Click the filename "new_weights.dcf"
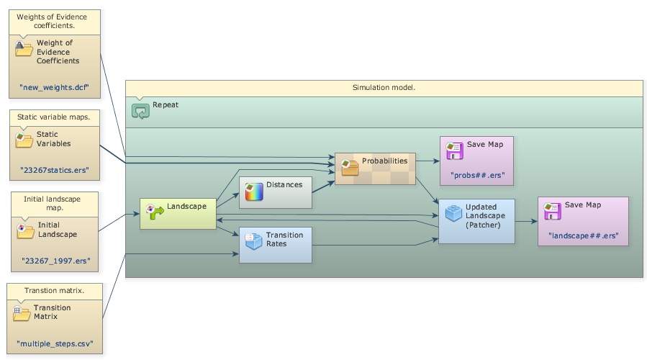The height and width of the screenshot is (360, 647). pyautogui.click(x=54, y=87)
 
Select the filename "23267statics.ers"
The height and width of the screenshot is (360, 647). pyautogui.click(x=54, y=171)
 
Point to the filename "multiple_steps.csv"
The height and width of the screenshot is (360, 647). pyautogui.click(x=54, y=343)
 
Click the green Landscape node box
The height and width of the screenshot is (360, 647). pyautogui.click(x=178, y=214)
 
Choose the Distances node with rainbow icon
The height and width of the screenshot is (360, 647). pyautogui.click(x=275, y=192)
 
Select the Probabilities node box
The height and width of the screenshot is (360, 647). pyautogui.click(x=375, y=168)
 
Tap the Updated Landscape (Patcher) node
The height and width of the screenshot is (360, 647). pyautogui.click(x=476, y=221)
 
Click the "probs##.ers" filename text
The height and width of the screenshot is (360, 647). pyautogui.click(x=477, y=174)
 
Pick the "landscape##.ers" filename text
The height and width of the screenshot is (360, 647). pyautogui.click(x=583, y=235)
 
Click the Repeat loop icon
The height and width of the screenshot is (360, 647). pyautogui.click(x=140, y=110)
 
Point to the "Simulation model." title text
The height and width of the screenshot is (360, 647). pyautogui.click(x=384, y=88)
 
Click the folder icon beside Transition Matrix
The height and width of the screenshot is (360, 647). pyautogui.click(x=21, y=313)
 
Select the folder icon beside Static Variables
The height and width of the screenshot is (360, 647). pyautogui.click(x=24, y=138)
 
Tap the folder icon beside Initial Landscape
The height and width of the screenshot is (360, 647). pyautogui.click(x=24, y=230)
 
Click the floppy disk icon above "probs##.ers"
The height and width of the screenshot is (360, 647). pyautogui.click(x=454, y=149)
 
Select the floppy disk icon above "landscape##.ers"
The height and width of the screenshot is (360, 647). pyautogui.click(x=552, y=210)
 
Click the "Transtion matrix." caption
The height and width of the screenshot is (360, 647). pyautogui.click(x=54, y=290)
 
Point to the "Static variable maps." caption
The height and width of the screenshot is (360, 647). pyautogui.click(x=54, y=117)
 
